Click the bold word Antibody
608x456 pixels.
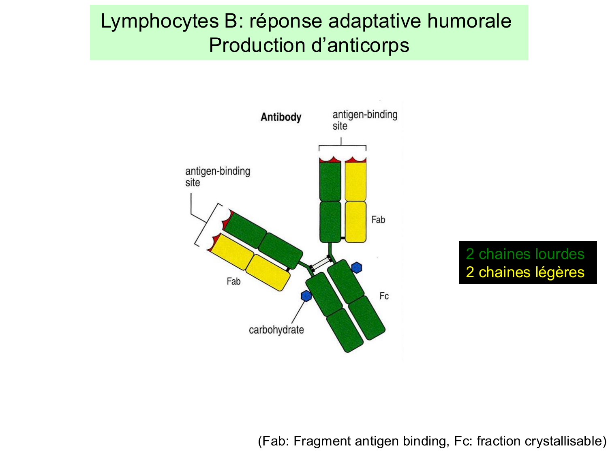tap(281, 117)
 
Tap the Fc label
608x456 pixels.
tap(384, 296)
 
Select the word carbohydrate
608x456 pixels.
tap(276, 330)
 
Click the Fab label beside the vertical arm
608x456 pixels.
tap(378, 220)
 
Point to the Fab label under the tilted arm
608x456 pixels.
tap(233, 281)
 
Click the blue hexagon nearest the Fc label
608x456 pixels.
tap(356, 268)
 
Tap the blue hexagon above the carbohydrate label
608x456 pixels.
tap(306, 296)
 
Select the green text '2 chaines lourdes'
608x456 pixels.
tap(525, 254)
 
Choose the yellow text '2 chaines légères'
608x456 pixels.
tap(525, 272)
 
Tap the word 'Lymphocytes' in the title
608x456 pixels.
tap(159, 21)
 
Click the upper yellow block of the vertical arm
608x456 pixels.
tap(355, 181)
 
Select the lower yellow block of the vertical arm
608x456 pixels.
tap(355, 222)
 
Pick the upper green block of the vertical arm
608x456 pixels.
tap(330, 181)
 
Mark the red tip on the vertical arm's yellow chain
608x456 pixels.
tap(356, 160)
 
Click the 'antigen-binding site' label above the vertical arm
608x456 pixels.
tap(364, 120)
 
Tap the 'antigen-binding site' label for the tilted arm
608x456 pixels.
tap(217, 177)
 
